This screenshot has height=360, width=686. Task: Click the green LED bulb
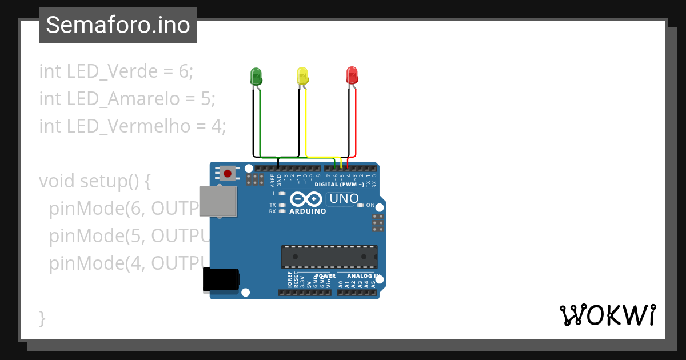pos(256,75)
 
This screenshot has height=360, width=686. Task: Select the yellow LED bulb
pos(302,75)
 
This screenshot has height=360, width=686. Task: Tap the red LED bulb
pos(352,75)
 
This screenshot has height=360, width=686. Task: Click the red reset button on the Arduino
pos(228,173)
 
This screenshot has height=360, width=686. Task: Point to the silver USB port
pos(218,201)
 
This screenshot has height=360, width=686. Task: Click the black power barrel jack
pos(221,280)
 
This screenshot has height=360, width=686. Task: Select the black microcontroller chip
pos(329,257)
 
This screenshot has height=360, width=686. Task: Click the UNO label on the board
pos(344,199)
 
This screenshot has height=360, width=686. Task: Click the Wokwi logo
pos(607,315)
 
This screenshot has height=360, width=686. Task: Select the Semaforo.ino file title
pos(118,25)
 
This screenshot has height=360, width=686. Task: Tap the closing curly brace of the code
pos(42,318)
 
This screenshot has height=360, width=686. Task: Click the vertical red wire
pos(356,120)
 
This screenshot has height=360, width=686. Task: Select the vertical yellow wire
pos(306,120)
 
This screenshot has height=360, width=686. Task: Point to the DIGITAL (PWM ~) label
pos(340,185)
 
